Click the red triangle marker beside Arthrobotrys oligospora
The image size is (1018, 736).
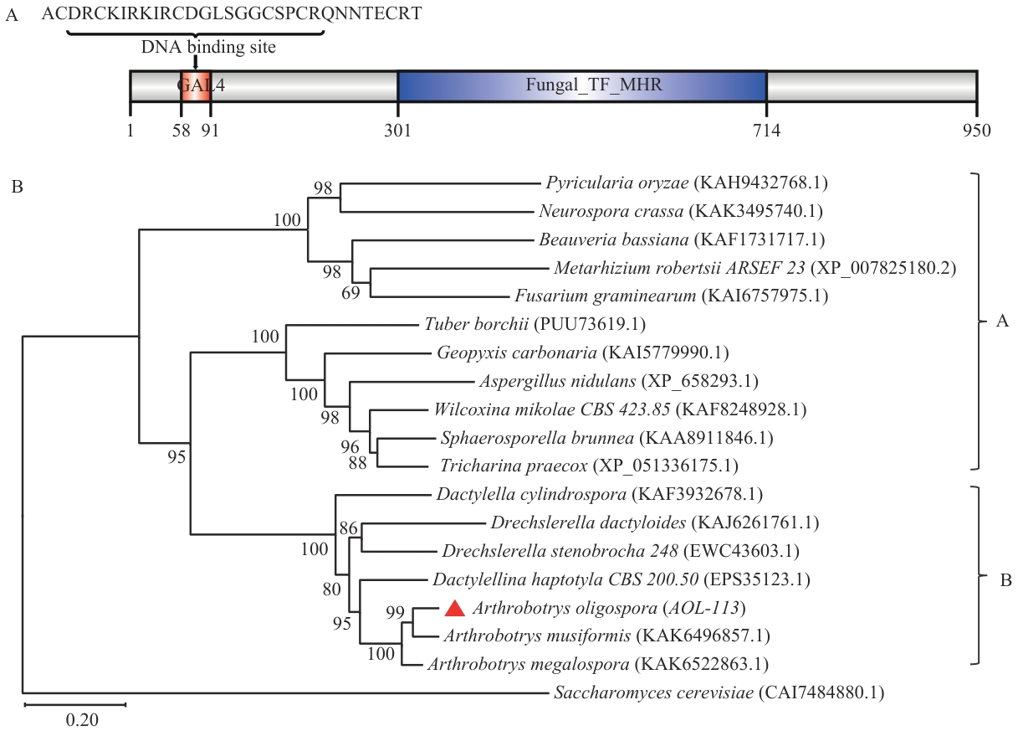[453, 609]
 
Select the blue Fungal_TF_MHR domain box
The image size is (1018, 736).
[581, 85]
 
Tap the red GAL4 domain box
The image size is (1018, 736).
[196, 85]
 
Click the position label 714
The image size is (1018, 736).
[765, 131]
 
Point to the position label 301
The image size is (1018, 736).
[398, 131]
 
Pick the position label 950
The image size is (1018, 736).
[975, 131]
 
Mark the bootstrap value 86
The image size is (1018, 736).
[348, 528]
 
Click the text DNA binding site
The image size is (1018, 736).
[208, 48]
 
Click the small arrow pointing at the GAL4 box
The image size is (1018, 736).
[195, 63]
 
